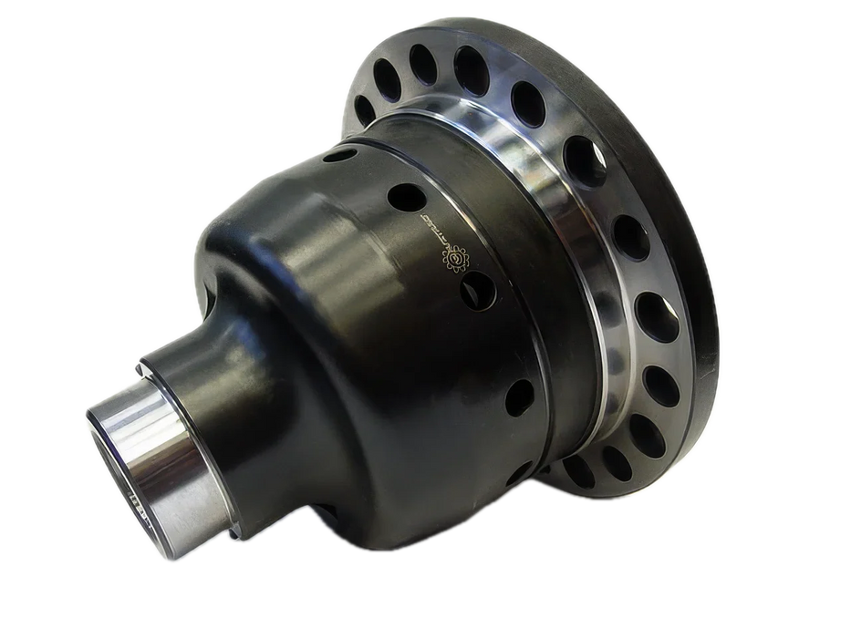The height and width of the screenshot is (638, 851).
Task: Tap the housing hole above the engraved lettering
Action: (x=401, y=194)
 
